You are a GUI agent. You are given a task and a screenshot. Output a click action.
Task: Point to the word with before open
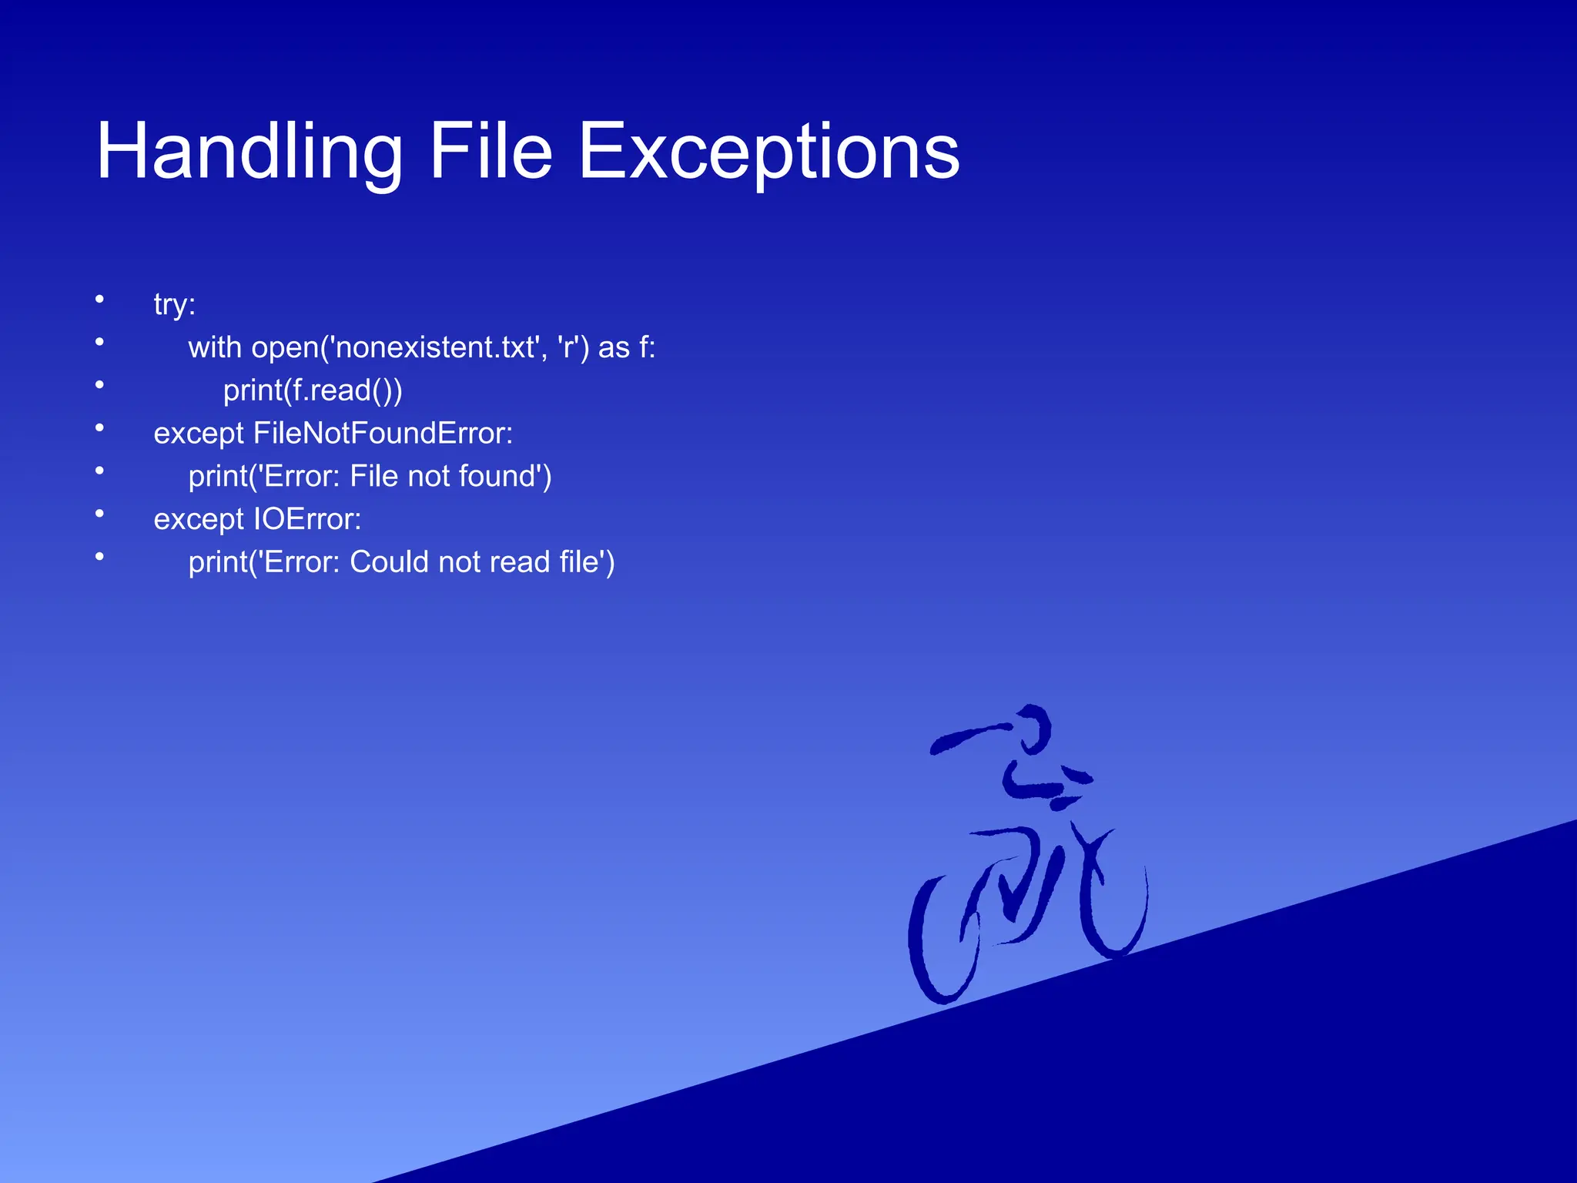coord(215,347)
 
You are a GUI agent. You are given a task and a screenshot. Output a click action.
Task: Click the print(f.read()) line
coord(312,390)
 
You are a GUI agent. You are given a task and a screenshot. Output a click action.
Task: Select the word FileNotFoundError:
coord(383,434)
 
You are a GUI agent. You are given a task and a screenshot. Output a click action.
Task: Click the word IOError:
coord(307,519)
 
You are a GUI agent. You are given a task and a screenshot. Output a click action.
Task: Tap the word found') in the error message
coord(504,476)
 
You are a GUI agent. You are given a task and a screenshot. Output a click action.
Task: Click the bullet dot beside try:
coord(99,299)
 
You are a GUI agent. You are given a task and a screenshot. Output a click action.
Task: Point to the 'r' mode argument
coord(568,347)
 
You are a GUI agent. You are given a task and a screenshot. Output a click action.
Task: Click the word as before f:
coord(614,347)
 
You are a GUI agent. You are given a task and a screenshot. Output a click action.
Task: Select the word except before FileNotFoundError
coord(199,434)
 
